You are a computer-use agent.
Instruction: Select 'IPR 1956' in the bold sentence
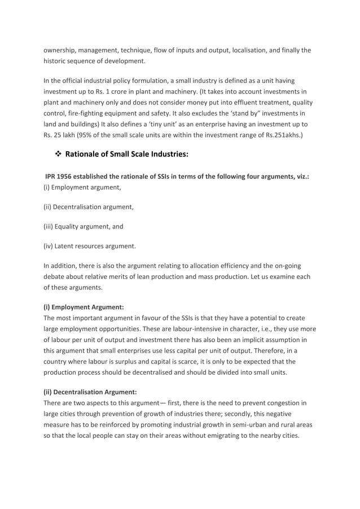[x=61, y=177]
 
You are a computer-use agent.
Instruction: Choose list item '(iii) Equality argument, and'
[x=84, y=226]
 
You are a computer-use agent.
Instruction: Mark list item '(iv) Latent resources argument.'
[x=90, y=245]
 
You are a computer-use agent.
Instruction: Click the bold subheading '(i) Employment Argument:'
[x=84, y=308]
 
